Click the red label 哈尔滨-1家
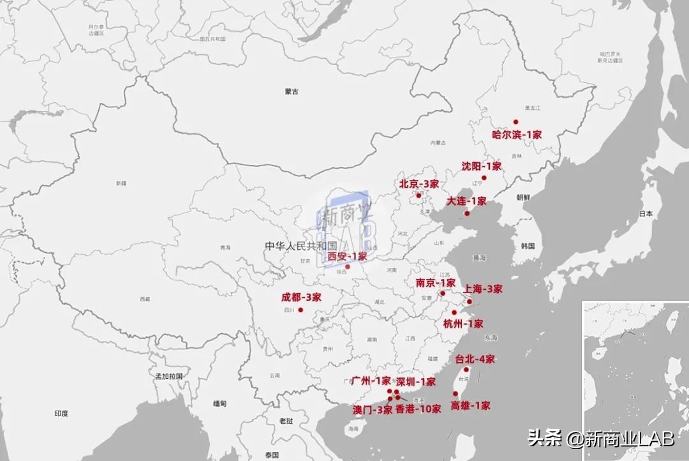(517, 135)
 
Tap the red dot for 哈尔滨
(515, 121)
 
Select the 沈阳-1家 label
(482, 166)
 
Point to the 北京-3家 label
(419, 184)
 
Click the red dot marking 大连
(467, 213)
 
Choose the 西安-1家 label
(348, 257)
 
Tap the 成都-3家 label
(301, 297)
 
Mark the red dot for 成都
(300, 310)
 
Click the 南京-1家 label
(436, 283)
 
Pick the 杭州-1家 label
(463, 324)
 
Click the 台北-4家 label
(475, 359)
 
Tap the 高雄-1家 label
(471, 405)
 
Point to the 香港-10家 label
(418, 409)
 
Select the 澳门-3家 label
(373, 410)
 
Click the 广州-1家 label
(371, 381)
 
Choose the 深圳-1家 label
(416, 382)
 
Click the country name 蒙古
(292, 92)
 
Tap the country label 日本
(646, 215)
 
